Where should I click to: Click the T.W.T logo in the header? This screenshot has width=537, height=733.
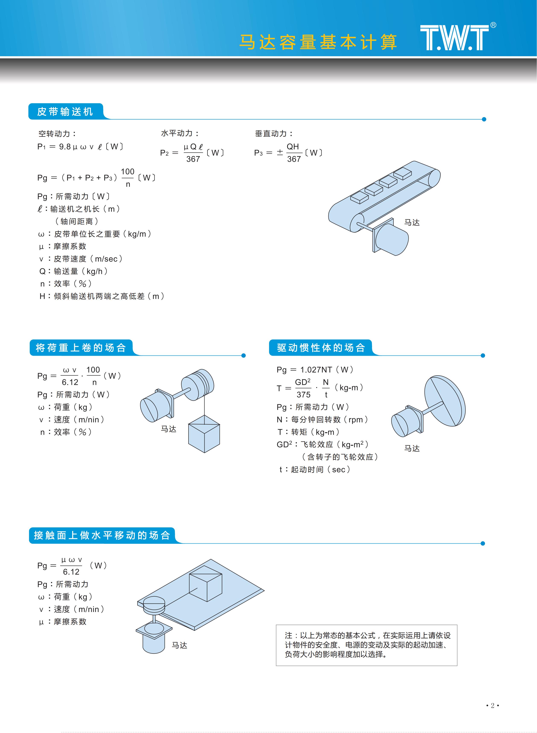pyautogui.click(x=455, y=38)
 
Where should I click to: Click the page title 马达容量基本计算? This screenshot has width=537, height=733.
pyautogui.click(x=318, y=42)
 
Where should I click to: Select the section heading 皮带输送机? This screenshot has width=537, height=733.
pyautogui.click(x=65, y=112)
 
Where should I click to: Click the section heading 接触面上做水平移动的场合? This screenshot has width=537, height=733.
pyautogui.click(x=102, y=535)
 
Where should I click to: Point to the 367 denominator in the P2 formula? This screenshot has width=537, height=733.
pyautogui.click(x=193, y=159)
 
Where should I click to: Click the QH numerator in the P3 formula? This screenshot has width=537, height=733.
pyautogui.click(x=293, y=147)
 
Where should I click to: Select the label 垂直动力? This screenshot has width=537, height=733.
pyautogui.click(x=274, y=133)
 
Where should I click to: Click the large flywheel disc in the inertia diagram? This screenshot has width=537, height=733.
pyautogui.click(x=445, y=401)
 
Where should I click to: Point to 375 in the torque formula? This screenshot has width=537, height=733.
pyautogui.click(x=303, y=395)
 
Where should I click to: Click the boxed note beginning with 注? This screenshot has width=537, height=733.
pyautogui.click(x=366, y=645)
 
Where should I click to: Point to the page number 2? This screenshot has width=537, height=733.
pyautogui.click(x=492, y=705)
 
